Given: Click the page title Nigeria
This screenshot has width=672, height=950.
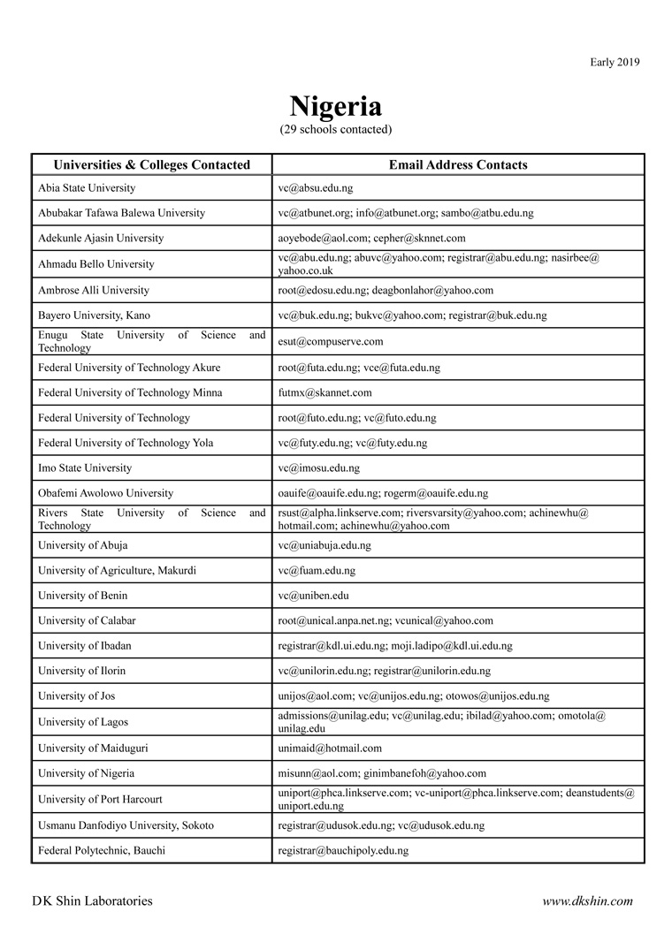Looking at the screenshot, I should [336, 107].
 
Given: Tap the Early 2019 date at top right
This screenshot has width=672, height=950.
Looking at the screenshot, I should [615, 62].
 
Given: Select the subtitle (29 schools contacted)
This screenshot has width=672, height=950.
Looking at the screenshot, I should [336, 130].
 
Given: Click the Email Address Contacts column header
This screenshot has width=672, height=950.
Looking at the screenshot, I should [458, 165].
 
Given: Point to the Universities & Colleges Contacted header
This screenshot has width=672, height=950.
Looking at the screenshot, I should [152, 165].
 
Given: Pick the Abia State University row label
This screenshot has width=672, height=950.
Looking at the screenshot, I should [87, 188].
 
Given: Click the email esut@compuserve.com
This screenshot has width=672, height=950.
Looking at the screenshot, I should [331, 342].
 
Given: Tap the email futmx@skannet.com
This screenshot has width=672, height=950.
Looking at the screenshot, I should [325, 392].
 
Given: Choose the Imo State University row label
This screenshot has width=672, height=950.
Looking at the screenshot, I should [85, 468].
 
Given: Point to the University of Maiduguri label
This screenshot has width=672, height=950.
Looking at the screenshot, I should [93, 749].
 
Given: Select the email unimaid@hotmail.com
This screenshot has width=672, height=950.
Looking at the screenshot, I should [330, 749].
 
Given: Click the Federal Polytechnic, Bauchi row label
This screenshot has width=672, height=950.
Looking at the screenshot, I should [102, 851].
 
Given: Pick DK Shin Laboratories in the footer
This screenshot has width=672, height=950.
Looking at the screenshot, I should [92, 901].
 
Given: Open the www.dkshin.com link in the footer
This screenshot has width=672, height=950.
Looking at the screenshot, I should [587, 901].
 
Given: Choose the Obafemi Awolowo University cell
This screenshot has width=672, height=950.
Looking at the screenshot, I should [106, 493].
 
